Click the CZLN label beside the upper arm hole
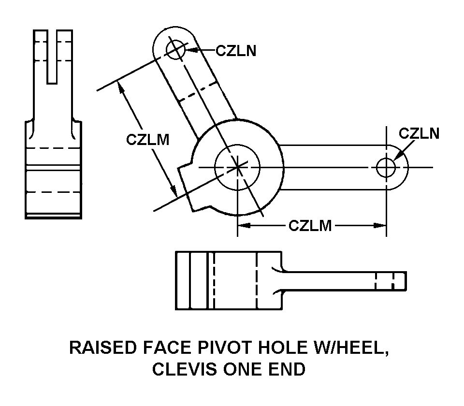tap(235, 50)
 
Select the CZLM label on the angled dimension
tap(148, 139)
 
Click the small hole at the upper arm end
tap(174, 49)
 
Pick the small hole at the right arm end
tap(386, 167)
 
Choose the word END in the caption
tap(288, 369)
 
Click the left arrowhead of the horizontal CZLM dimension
tap(242, 225)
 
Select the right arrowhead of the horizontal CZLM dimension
tap(381, 225)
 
